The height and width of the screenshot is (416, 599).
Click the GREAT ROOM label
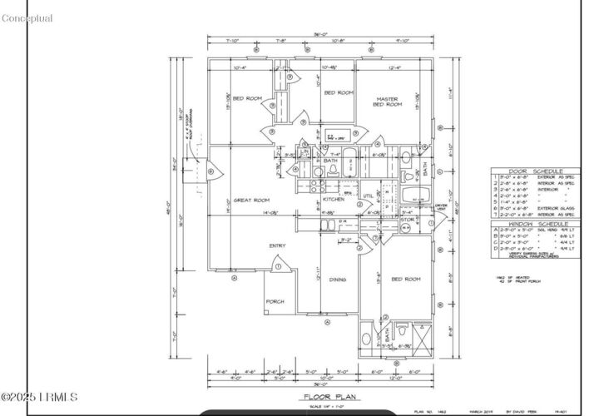251,200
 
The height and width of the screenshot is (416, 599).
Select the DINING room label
337,280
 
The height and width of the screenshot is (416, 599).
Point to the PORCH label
275,301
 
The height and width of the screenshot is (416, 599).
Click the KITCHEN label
333,200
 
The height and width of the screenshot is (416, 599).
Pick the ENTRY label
277,245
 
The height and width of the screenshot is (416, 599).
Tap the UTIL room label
367,196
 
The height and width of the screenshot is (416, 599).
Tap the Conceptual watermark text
27,18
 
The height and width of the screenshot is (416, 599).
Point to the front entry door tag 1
278,266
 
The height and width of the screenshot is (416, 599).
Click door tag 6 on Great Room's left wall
210,172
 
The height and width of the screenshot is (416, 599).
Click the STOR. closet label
407,220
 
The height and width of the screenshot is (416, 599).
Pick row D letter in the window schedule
494,248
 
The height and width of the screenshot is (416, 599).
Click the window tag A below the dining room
328,321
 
